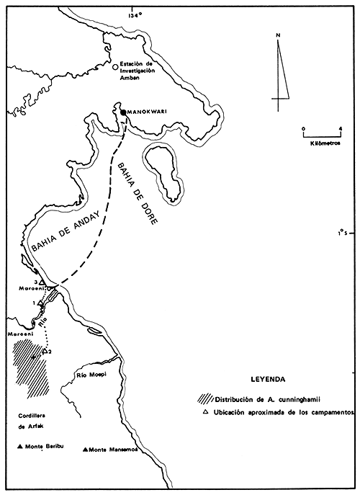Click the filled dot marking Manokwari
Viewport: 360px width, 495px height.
tap(124, 112)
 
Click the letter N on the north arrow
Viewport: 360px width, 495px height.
tap(278, 35)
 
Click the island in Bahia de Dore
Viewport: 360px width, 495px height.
tap(163, 171)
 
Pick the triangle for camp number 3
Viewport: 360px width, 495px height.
tap(42, 282)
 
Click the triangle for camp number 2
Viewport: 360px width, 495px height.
tap(45, 351)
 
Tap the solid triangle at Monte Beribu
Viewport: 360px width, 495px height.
tap(20, 447)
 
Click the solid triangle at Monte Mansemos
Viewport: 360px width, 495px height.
tap(86, 450)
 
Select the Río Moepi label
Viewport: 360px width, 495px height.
tap(90, 376)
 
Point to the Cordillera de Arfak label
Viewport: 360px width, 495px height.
tap(35, 422)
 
